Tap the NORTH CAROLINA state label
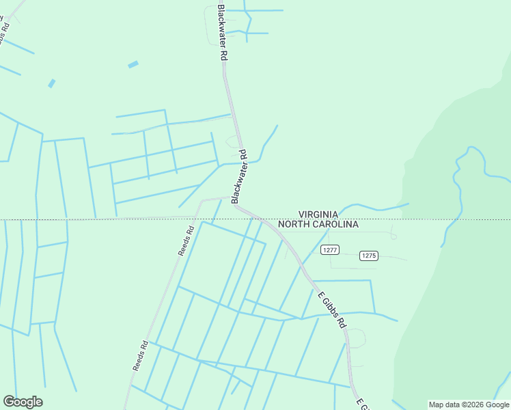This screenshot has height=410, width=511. pyautogui.click(x=318, y=224)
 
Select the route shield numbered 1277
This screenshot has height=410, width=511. pyautogui.click(x=330, y=250)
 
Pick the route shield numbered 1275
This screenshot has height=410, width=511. pyautogui.click(x=368, y=256)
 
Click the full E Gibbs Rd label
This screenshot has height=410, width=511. pyautogui.click(x=331, y=310)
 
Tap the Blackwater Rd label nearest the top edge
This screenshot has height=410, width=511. pyautogui.click(x=222, y=33)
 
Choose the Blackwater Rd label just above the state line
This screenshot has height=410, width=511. pyautogui.click(x=238, y=177)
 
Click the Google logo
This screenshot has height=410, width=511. pyautogui.click(x=23, y=402)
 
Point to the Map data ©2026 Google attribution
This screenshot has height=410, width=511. pyautogui.click(x=469, y=405)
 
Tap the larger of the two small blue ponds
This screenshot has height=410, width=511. pyautogui.click(x=133, y=65)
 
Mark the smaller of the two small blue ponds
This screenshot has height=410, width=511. pyautogui.click(x=51, y=83)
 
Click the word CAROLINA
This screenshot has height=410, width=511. pyautogui.click(x=334, y=224)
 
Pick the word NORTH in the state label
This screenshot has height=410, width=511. pyautogui.click(x=292, y=224)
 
